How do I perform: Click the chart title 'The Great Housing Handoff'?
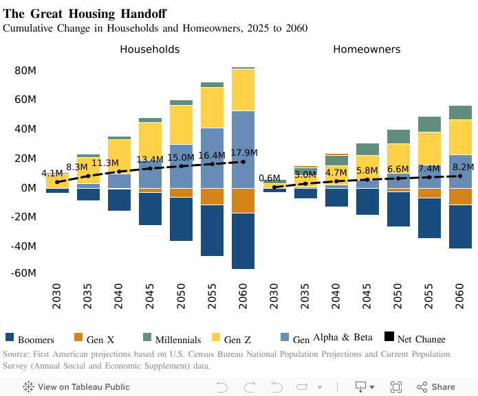click(85, 14)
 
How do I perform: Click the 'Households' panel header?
click(150, 49)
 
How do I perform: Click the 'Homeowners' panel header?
click(367, 49)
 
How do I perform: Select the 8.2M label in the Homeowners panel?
click(463, 167)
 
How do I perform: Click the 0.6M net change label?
click(269, 178)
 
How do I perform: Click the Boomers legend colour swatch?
click(10, 337)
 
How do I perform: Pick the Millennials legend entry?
click(171, 339)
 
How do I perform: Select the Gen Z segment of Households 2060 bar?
click(243, 90)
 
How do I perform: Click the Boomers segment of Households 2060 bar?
click(243, 241)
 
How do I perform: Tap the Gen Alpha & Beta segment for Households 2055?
click(212, 158)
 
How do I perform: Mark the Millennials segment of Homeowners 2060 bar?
click(460, 113)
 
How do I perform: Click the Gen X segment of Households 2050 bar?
click(181, 193)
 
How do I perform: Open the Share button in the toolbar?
click(435, 387)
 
